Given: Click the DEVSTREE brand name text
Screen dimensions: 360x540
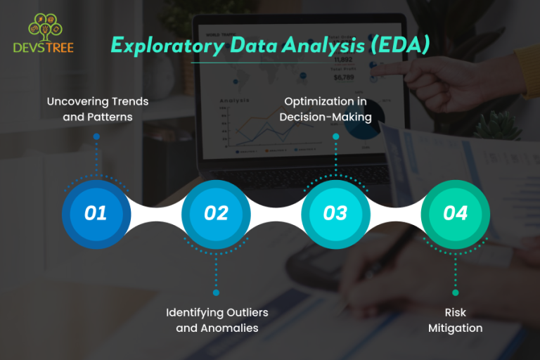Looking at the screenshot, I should pos(43,48).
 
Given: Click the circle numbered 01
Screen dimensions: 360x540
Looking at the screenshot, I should pos(96,212).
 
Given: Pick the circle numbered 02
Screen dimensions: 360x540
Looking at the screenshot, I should pos(216,212).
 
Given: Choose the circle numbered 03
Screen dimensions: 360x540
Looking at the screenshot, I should pos(335,212).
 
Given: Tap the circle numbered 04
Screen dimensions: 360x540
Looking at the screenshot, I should pos(455,212).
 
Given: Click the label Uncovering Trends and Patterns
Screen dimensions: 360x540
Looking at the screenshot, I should pos(98,109).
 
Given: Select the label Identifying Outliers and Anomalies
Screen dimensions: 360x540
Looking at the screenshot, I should pos(217,319).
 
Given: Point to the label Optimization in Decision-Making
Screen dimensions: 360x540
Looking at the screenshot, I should pos(326,109).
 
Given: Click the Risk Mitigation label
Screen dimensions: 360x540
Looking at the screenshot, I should pos(456,319).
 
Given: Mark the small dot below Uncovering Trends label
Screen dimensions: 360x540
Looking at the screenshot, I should pos(96,136).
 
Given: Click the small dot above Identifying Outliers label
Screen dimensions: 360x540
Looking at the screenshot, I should pos(216,292).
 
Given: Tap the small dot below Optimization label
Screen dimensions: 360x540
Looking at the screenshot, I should pos(336,136).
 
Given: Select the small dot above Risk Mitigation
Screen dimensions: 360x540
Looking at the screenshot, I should pos(455,292).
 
